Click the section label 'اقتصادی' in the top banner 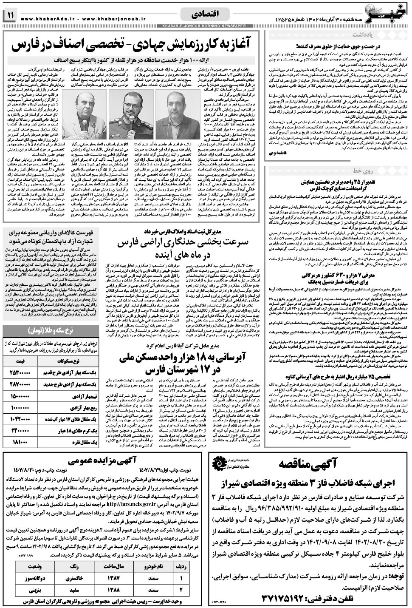204,14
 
